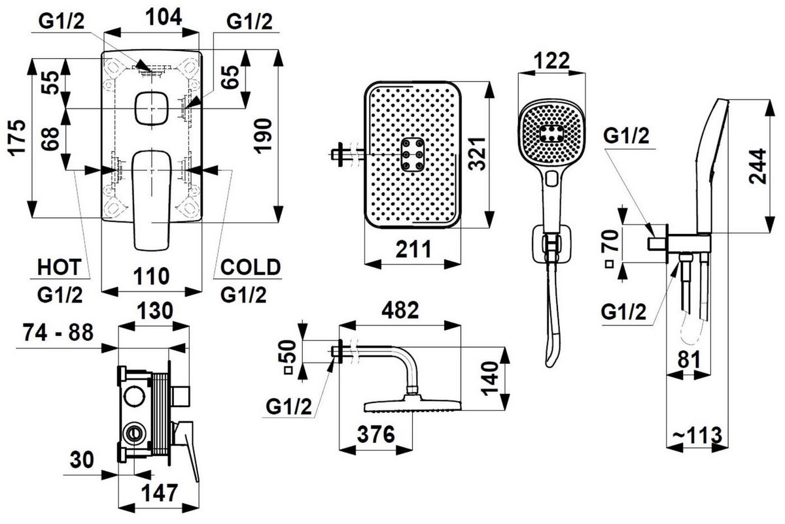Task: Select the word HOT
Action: click(x=59, y=267)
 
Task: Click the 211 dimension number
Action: click(x=413, y=249)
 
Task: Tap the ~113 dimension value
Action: click(x=698, y=434)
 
